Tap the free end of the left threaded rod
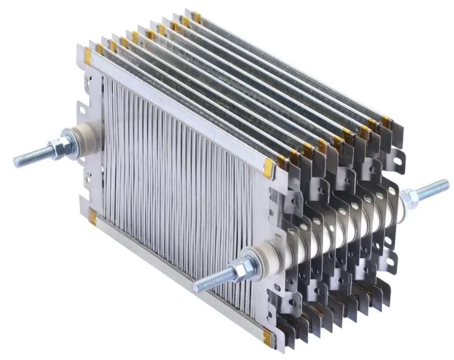coord(17,161)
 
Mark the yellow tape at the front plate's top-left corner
coord(88,56)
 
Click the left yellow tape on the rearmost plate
coord(197,17)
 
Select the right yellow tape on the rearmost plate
coord(385,121)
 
